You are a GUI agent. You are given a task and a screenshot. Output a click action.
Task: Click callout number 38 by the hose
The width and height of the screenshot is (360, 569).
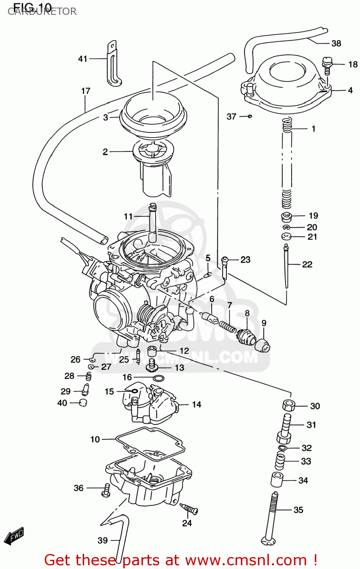[x=336, y=43]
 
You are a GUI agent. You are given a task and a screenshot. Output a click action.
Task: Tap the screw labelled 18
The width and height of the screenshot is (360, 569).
[x=327, y=65]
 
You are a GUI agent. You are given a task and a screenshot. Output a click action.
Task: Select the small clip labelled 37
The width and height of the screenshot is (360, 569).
[x=249, y=116]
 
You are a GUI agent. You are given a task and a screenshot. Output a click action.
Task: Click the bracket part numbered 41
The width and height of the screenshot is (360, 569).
[x=113, y=64]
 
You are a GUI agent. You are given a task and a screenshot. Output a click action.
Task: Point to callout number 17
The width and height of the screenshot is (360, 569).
[x=86, y=91]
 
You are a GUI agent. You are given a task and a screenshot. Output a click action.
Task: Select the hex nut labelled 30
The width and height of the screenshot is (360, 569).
[x=289, y=406]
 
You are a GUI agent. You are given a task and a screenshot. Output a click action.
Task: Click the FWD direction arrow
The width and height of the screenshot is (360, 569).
[x=17, y=535]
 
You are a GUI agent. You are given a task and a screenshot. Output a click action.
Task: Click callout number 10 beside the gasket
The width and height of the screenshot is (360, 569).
[x=95, y=439]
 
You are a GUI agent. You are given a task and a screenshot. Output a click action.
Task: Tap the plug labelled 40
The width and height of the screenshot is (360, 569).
[x=83, y=402]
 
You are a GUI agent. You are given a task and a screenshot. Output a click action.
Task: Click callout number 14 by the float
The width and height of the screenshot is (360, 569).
[x=196, y=404]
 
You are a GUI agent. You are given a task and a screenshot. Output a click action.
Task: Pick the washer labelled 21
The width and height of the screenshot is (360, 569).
[x=286, y=237]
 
